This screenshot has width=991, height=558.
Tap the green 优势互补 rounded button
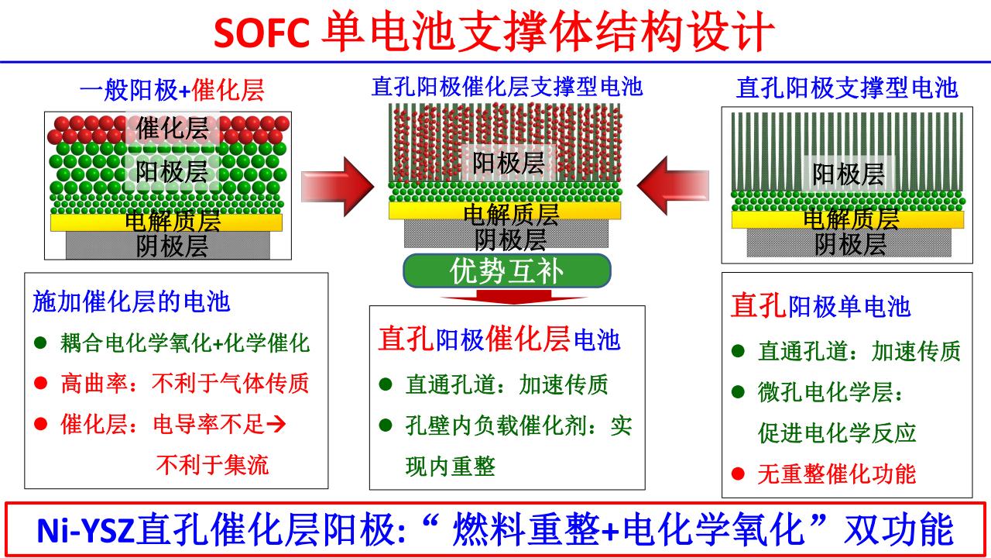[x=507, y=270]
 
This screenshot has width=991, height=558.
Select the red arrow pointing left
[x=674, y=185]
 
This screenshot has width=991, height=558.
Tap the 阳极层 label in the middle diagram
[x=509, y=163]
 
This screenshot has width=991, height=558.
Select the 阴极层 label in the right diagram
[x=850, y=245]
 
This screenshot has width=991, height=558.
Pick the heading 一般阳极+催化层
[x=172, y=91]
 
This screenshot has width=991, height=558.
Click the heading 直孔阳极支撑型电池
[x=847, y=88]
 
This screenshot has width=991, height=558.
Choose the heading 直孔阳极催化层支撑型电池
[x=507, y=86]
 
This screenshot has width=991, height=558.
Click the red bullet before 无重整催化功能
[x=738, y=473]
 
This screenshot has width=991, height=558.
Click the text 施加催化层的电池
[x=132, y=301]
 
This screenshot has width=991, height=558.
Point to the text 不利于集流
[x=212, y=464]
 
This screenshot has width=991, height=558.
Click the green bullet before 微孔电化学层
[x=738, y=392]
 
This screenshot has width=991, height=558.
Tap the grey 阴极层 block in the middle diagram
[x=507, y=235]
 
